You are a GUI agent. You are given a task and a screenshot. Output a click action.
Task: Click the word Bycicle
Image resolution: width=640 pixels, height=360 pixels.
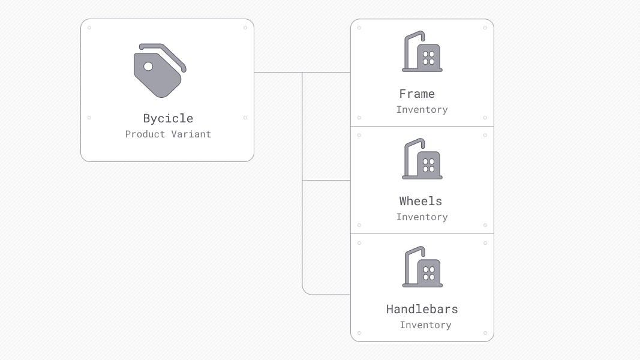[168, 118]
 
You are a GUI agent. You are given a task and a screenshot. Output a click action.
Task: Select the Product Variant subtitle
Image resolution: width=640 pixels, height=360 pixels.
[168, 134]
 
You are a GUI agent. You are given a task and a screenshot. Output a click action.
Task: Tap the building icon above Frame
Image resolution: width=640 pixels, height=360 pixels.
[422, 52]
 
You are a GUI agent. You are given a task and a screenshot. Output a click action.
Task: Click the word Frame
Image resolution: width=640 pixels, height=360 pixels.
[417, 94]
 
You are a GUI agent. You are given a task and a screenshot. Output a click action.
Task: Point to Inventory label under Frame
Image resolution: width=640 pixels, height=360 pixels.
[422, 110]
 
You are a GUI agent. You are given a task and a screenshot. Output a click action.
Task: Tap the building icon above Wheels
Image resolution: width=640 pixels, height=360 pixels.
[422, 160]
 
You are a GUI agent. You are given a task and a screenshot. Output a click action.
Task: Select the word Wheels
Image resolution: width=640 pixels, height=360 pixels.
[420, 201]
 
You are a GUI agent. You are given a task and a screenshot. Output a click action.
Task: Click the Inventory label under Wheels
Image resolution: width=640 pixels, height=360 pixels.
[422, 217]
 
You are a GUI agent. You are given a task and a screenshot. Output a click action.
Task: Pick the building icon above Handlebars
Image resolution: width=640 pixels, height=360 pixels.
[422, 268]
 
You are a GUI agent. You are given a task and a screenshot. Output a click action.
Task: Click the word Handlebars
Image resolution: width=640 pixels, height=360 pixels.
[422, 309]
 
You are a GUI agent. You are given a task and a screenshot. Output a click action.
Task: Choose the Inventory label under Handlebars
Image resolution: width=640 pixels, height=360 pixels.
[425, 325]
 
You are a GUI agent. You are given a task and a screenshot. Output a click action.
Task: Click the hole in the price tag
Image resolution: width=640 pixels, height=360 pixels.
[148, 66]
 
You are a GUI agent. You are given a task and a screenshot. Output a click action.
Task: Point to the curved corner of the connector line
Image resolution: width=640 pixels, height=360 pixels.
[305, 292]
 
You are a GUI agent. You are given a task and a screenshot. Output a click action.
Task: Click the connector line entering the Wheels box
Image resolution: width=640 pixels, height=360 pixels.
[327, 181]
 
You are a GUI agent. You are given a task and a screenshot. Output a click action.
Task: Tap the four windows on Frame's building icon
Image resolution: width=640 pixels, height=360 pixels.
[428, 58]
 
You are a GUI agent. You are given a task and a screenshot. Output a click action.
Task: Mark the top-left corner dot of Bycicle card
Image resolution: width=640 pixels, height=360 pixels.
[89, 28]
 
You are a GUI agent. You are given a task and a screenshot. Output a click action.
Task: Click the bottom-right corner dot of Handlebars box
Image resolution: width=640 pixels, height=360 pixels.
[485, 333]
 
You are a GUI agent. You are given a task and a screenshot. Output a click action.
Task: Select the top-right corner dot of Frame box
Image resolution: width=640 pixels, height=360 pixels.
[485, 28]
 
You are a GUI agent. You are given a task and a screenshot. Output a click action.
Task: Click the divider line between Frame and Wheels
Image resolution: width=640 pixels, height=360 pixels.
[422, 127]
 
